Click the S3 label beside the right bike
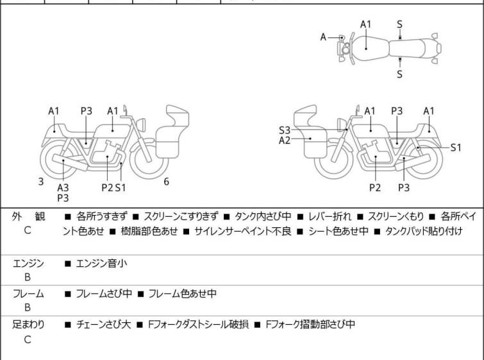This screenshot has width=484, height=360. click(x=285, y=130)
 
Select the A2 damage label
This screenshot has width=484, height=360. click(x=285, y=139)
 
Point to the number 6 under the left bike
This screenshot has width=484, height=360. click(x=166, y=182)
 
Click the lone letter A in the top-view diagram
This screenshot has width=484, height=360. click(x=324, y=37)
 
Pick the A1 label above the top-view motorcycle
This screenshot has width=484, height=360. click(x=365, y=24)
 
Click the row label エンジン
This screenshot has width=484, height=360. click(x=28, y=263)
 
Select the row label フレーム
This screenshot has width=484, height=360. click(x=28, y=294)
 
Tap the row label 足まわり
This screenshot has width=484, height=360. click(x=28, y=325)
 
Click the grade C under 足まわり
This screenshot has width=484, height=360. click(x=28, y=340)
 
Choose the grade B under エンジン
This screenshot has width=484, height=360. click(x=28, y=278)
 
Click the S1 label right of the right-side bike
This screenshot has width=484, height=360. click(x=455, y=147)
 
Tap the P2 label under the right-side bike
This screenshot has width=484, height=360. click(x=375, y=187)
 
